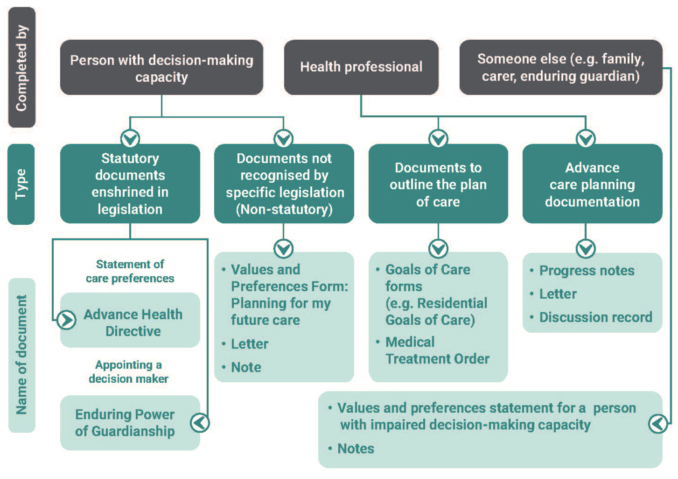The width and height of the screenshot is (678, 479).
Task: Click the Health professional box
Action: tap(361, 67)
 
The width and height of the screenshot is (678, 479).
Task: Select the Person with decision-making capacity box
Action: tap(161, 68)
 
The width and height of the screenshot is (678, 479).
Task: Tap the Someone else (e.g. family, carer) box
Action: tap(560, 68)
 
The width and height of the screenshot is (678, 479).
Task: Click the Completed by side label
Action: tap(21, 68)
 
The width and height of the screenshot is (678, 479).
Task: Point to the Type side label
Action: tap(21, 184)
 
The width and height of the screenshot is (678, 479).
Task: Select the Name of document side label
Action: tap(21, 355)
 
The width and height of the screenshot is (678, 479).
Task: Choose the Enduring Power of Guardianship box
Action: tap(125, 423)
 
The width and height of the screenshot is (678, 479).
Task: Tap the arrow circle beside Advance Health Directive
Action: tap(66, 320)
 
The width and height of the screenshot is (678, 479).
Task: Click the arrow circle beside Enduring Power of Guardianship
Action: tap(200, 423)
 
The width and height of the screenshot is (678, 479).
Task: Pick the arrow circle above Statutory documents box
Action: tap(130, 138)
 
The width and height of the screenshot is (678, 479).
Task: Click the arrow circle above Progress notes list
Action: tap(586, 248)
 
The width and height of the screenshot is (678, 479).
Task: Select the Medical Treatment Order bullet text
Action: tap(437, 350)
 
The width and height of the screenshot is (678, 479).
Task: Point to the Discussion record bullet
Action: tap(595, 317)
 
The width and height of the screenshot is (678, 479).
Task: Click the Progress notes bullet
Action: tap(587, 271)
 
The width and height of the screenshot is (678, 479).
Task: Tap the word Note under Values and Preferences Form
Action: tap(246, 367)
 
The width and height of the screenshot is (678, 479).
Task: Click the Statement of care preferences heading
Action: tap(130, 272)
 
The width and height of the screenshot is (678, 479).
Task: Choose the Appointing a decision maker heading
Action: tap(128, 372)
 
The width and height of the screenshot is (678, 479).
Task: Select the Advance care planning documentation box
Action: tap(592, 184)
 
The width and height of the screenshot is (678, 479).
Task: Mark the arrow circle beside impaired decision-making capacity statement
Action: tap(658, 424)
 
